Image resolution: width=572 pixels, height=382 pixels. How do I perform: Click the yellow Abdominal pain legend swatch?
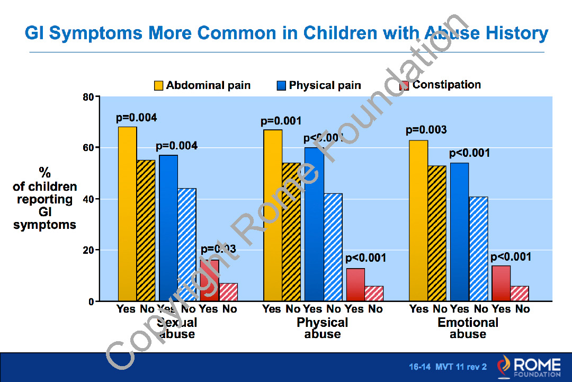click(x=158, y=86)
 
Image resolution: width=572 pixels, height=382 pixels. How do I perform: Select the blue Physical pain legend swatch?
click(x=281, y=86)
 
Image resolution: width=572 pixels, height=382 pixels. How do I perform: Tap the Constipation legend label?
click(x=446, y=85)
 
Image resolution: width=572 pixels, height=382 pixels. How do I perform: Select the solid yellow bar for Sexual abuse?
click(x=127, y=214)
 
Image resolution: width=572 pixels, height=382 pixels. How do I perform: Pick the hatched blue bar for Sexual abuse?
click(x=187, y=244)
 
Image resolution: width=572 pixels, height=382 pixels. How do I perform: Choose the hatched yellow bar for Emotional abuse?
click(x=436, y=233)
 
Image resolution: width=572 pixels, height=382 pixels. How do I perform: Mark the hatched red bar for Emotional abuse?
click(x=520, y=294)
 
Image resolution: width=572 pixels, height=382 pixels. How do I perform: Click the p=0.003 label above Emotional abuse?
click(x=426, y=130)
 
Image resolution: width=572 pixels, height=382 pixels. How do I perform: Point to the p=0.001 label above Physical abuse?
click(x=281, y=121)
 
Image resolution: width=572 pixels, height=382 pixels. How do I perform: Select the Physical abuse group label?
click(x=322, y=328)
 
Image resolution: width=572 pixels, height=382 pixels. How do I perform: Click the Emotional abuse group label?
click(x=468, y=328)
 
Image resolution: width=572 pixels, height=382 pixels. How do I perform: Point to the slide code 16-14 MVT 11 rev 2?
click(x=448, y=367)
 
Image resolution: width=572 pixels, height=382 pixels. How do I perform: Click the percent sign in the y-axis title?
click(x=45, y=173)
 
